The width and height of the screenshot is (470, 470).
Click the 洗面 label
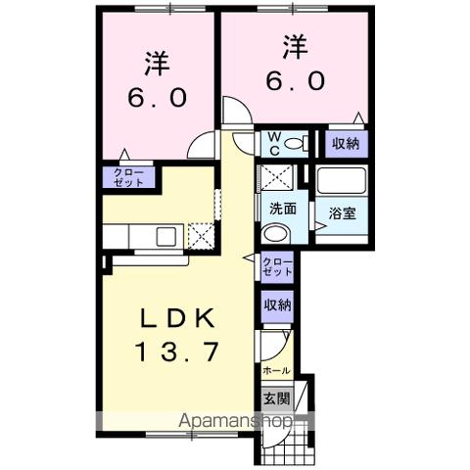pos(284,208)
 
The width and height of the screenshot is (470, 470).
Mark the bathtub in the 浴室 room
pos(342,181)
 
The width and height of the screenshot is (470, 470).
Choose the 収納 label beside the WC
pos(344,144)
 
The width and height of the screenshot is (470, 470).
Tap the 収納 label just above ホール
pos(276,305)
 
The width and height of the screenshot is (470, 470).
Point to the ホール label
pos(275,372)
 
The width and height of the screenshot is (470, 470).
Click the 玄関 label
pos(275,399)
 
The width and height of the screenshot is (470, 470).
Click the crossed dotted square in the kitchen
pos(200,236)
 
